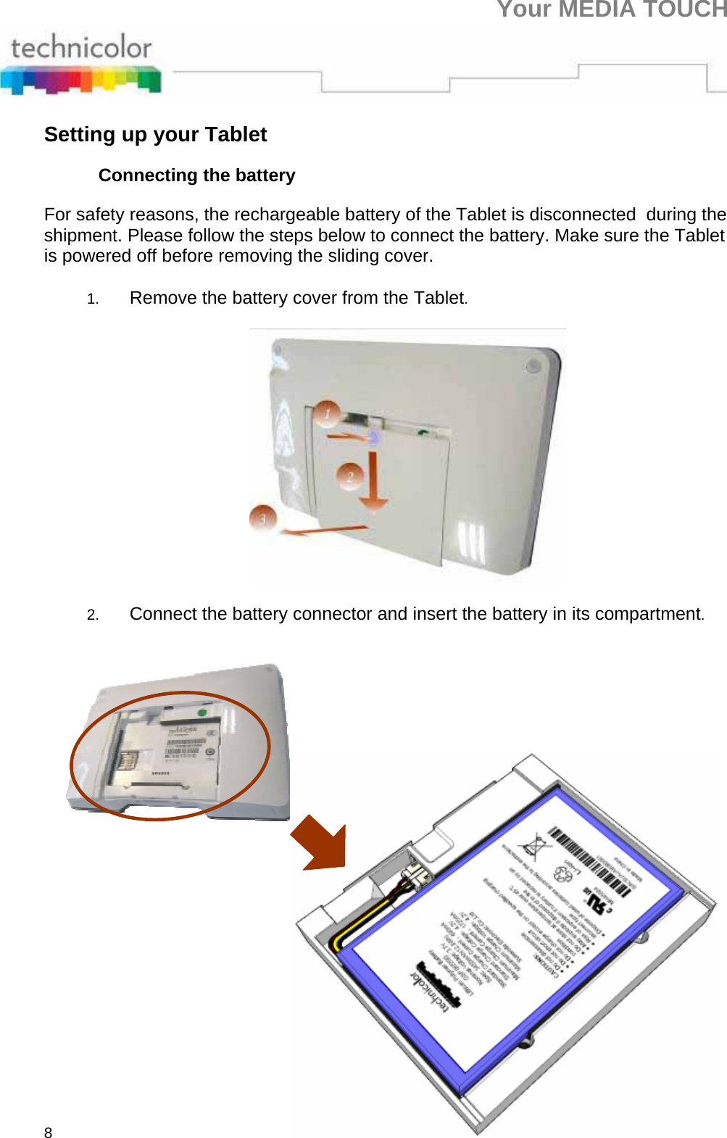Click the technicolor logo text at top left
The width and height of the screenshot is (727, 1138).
coord(80,48)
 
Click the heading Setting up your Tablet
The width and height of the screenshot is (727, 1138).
coord(155,135)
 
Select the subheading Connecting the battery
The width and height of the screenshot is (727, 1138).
coord(196,175)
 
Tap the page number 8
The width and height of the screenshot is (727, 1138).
coord(48,1132)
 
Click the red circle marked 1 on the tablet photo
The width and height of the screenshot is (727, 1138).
coord(328,413)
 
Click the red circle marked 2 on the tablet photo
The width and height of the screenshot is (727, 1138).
coord(350,475)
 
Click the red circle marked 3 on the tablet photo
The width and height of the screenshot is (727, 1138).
coord(262,518)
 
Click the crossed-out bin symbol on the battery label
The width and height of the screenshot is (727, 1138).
coord(535,846)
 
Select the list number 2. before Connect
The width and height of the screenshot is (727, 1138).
coord(92,615)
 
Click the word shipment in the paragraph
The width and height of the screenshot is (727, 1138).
coord(83,236)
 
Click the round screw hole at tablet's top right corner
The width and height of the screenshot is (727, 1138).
coord(534,366)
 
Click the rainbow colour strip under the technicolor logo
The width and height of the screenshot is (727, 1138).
coord(80,80)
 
